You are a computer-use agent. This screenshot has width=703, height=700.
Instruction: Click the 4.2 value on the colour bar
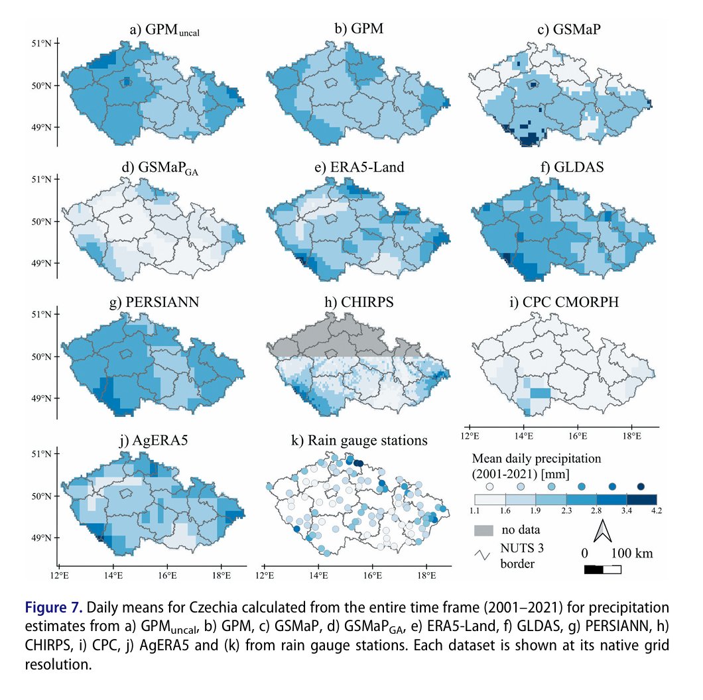657,510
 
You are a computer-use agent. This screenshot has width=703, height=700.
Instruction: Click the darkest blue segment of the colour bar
641,498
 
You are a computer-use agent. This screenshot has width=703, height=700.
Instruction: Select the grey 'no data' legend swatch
484,530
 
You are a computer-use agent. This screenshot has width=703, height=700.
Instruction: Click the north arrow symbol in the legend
604,531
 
